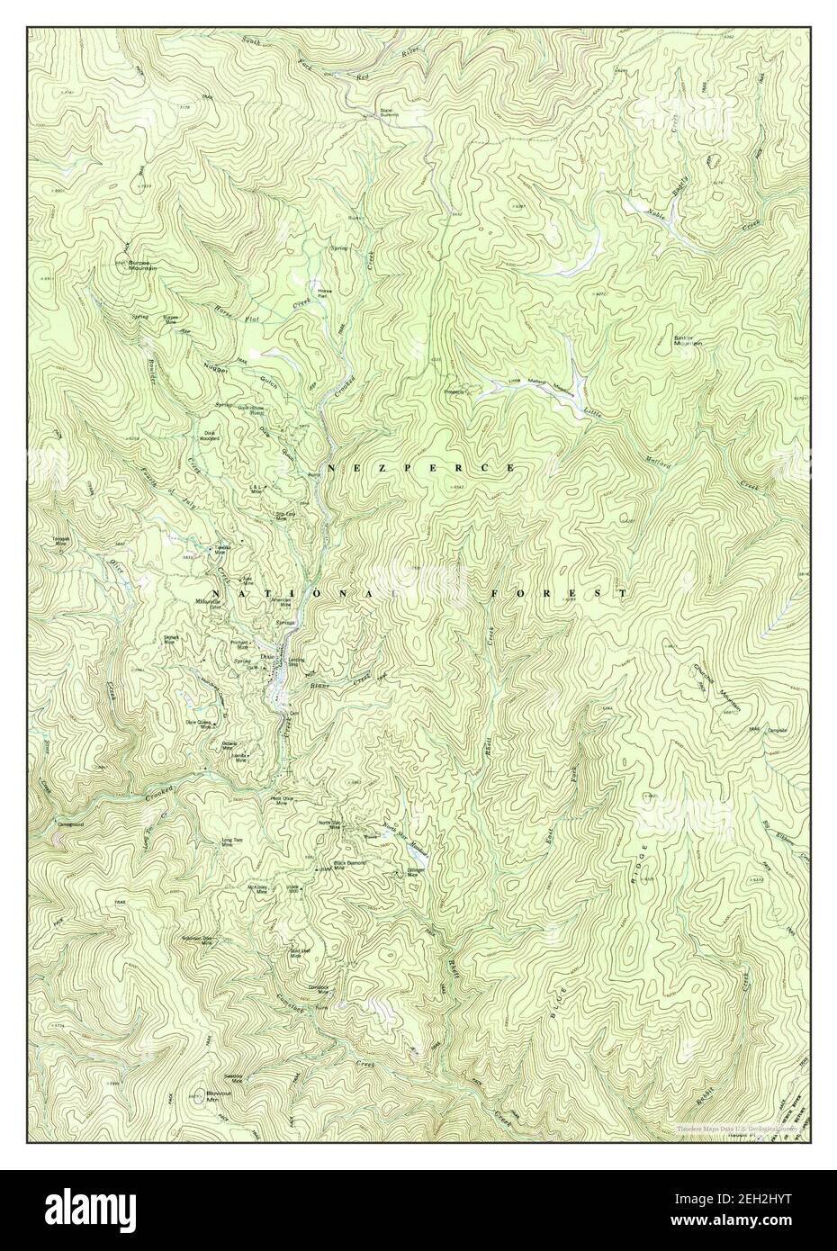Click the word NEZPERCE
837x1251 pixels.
[x=421, y=469]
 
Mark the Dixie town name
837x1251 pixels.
[x=265, y=657]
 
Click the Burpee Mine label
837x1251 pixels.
[x=171, y=319]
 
